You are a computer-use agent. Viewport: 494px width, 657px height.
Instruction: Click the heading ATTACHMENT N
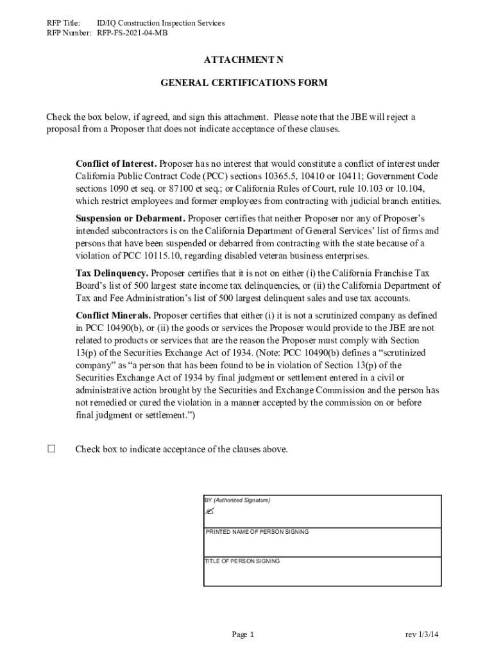243,60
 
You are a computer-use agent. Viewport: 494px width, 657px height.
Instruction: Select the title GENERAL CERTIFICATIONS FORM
243,83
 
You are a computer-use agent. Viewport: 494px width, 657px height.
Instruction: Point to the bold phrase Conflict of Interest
116,164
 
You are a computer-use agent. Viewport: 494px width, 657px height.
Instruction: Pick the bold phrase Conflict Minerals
114,316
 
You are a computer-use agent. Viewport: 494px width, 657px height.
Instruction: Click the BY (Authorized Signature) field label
237,500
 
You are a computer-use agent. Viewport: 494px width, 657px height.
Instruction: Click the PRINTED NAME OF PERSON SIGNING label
257,532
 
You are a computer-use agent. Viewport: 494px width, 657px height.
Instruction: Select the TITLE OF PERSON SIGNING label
242,561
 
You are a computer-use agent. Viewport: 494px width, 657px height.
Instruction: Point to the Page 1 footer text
243,635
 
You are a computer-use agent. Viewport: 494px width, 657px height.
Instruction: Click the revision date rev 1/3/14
422,635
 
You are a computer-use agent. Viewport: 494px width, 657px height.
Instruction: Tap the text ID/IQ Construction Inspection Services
160,23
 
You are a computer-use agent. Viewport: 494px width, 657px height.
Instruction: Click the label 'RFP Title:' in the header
63,23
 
